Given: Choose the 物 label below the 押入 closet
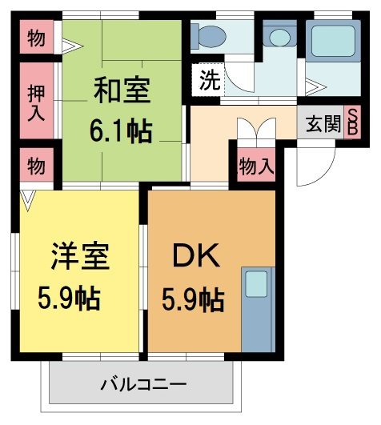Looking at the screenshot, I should (36, 166).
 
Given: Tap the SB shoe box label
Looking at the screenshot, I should (352, 124).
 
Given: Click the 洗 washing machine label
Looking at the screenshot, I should (208, 80).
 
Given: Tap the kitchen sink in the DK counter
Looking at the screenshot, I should (256, 285).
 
